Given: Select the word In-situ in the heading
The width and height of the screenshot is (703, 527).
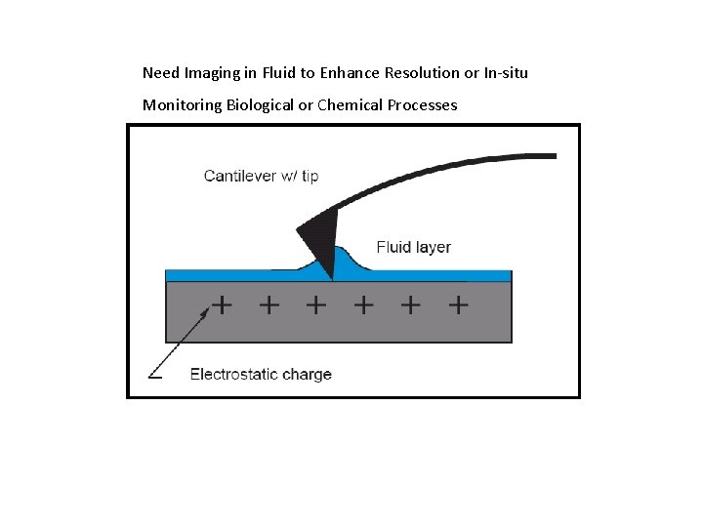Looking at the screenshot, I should [x=506, y=73].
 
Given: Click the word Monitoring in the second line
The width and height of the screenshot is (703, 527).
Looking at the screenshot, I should [x=182, y=105].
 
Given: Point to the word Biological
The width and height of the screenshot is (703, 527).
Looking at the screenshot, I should [x=260, y=105].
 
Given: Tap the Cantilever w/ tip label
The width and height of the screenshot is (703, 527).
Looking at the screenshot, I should [x=261, y=177].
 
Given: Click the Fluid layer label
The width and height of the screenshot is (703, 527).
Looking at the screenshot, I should [x=413, y=248].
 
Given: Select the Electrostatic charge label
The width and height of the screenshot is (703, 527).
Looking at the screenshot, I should [x=261, y=374].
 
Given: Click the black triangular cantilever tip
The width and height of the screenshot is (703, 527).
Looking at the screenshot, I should [x=320, y=239].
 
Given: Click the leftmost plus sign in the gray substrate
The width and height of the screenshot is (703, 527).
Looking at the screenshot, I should [x=223, y=305].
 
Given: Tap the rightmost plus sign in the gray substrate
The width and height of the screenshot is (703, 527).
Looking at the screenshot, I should [x=458, y=305].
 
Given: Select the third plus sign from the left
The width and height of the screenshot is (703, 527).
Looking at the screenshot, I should [x=316, y=305].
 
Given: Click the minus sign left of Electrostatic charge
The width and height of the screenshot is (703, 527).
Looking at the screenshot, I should [x=154, y=374].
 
